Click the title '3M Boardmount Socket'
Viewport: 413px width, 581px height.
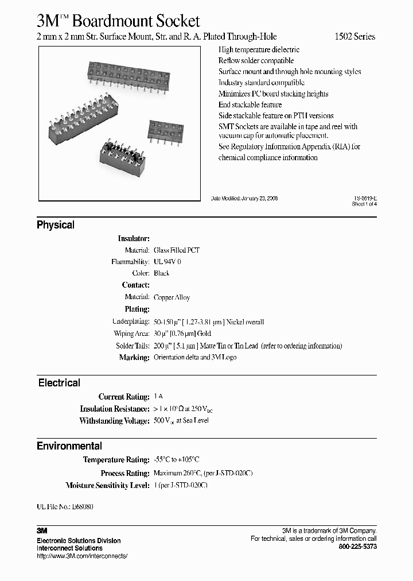118,21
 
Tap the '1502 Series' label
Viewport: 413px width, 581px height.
355,37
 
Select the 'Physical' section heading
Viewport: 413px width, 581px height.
56,225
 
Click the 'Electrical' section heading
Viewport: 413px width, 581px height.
59,383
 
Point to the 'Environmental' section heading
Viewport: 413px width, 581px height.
69,446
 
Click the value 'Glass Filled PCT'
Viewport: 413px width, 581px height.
177,250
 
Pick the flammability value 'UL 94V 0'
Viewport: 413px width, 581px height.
167,262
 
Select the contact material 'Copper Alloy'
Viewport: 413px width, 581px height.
172,297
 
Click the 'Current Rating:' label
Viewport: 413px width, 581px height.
124,397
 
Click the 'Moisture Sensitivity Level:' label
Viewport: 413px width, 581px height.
108,486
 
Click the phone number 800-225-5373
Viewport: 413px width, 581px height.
358,547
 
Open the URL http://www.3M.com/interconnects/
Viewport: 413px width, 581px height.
82,556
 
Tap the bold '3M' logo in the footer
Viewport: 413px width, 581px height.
42,531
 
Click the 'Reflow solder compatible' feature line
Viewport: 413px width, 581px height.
256,60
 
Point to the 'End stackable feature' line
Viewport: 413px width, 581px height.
250,104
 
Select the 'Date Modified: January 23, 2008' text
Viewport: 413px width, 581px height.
244,198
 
